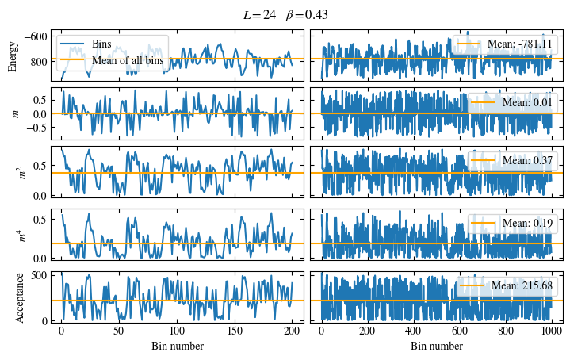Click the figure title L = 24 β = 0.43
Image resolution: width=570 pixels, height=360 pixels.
click(x=285, y=14)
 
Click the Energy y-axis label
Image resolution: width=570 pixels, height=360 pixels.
click(x=13, y=56)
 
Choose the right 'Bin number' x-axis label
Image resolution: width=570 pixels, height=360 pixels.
click(x=437, y=346)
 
